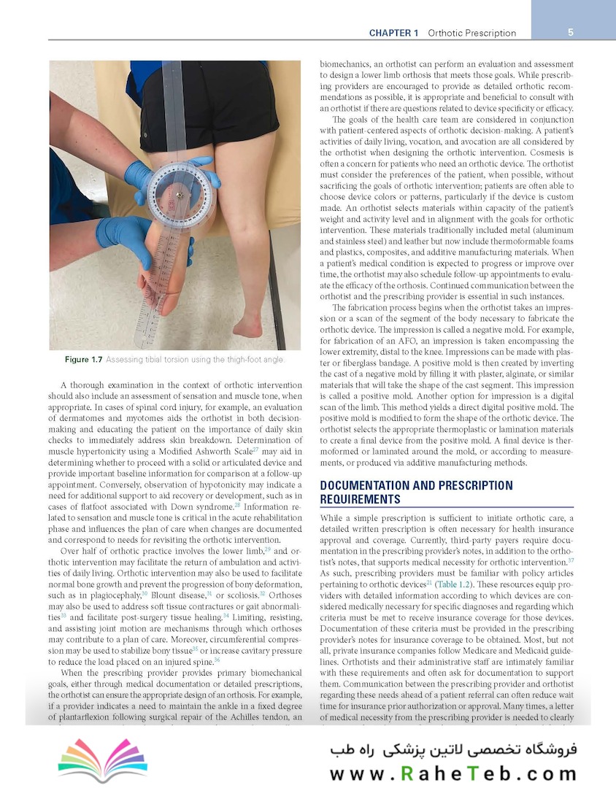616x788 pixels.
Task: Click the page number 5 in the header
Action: (x=571, y=32)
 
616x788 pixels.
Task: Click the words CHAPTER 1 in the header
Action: (x=393, y=33)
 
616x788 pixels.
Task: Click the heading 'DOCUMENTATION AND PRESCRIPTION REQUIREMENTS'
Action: (x=416, y=492)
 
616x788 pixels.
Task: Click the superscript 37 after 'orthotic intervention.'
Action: (x=570, y=560)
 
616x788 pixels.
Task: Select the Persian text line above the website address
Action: (x=453, y=751)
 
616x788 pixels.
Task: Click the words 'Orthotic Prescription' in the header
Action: (x=471, y=33)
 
